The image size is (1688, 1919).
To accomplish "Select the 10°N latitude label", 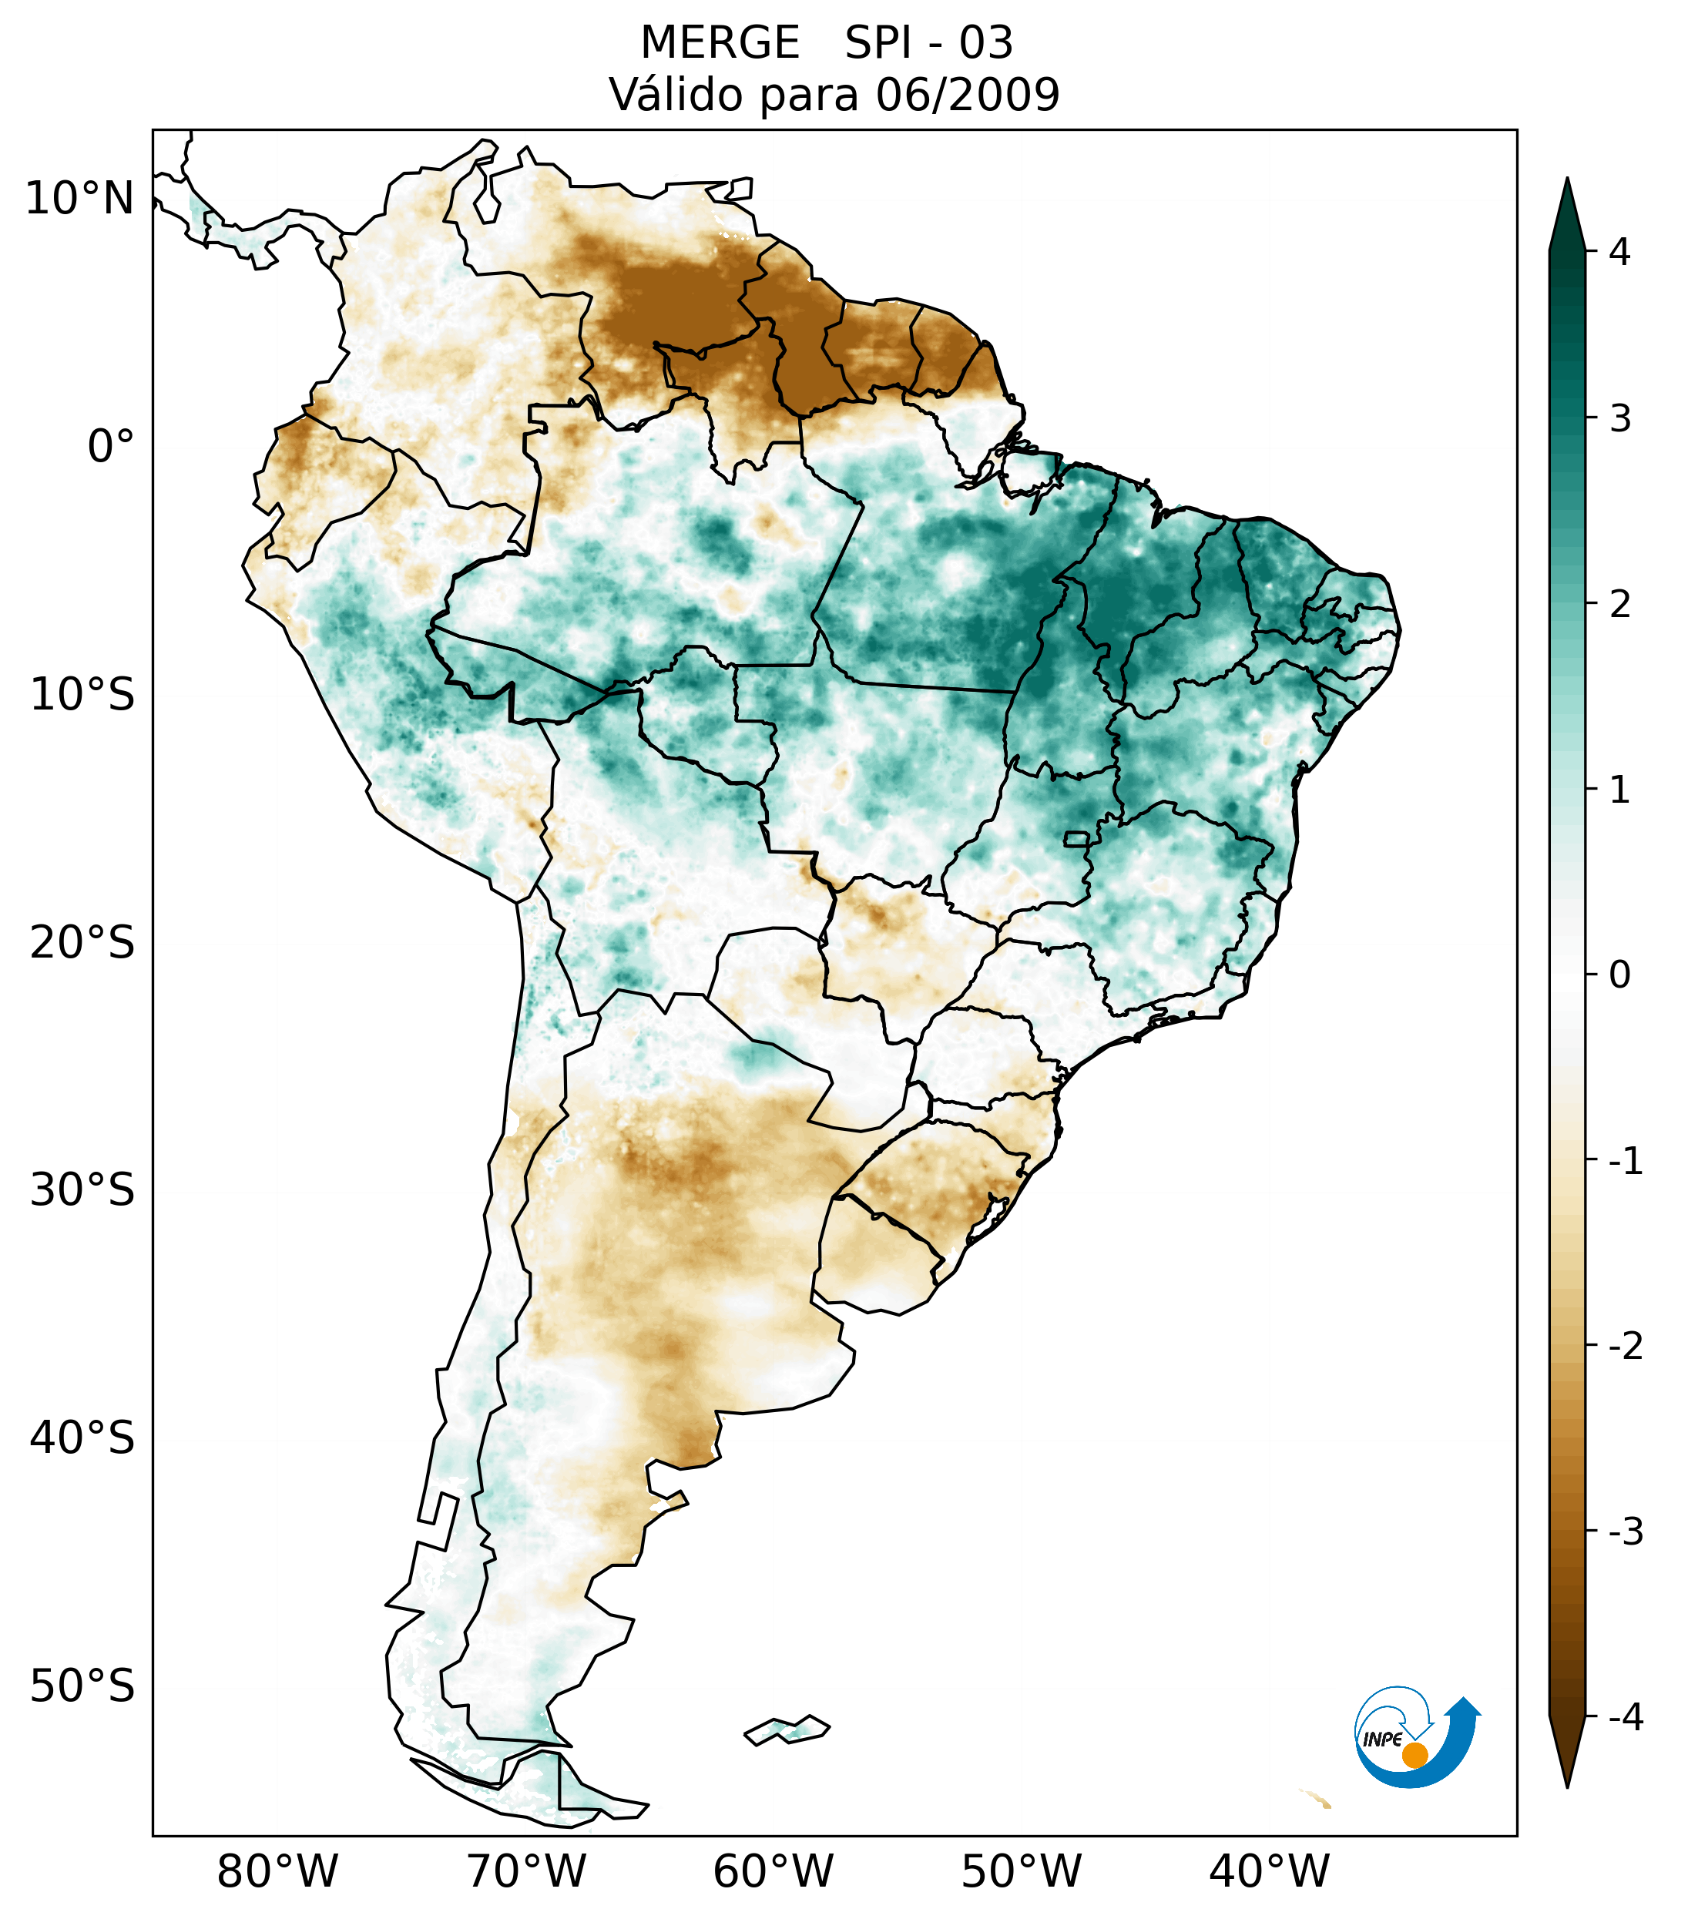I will pyautogui.click(x=80, y=199).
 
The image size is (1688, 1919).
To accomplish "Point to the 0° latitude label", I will pyautogui.click(x=111, y=447).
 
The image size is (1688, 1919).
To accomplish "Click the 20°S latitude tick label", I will pyautogui.click(x=82, y=943).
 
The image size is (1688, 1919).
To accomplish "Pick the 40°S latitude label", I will pyautogui.click(x=82, y=1438).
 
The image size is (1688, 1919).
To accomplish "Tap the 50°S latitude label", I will pyautogui.click(x=82, y=1686).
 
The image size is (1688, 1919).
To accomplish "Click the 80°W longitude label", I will pyautogui.click(x=278, y=1871).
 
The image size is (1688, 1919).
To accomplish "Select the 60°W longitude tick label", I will pyautogui.click(x=774, y=1871).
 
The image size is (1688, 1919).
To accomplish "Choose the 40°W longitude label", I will pyautogui.click(x=1270, y=1871).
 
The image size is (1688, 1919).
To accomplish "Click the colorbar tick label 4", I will pyautogui.click(x=1619, y=252).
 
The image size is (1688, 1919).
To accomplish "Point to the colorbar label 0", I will pyautogui.click(x=1619, y=975).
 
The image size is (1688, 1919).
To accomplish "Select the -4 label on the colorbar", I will pyautogui.click(x=1625, y=1717).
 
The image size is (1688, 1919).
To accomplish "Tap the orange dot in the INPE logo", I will pyautogui.click(x=1414, y=1755).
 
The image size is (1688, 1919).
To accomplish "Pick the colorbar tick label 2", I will pyautogui.click(x=1619, y=604).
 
